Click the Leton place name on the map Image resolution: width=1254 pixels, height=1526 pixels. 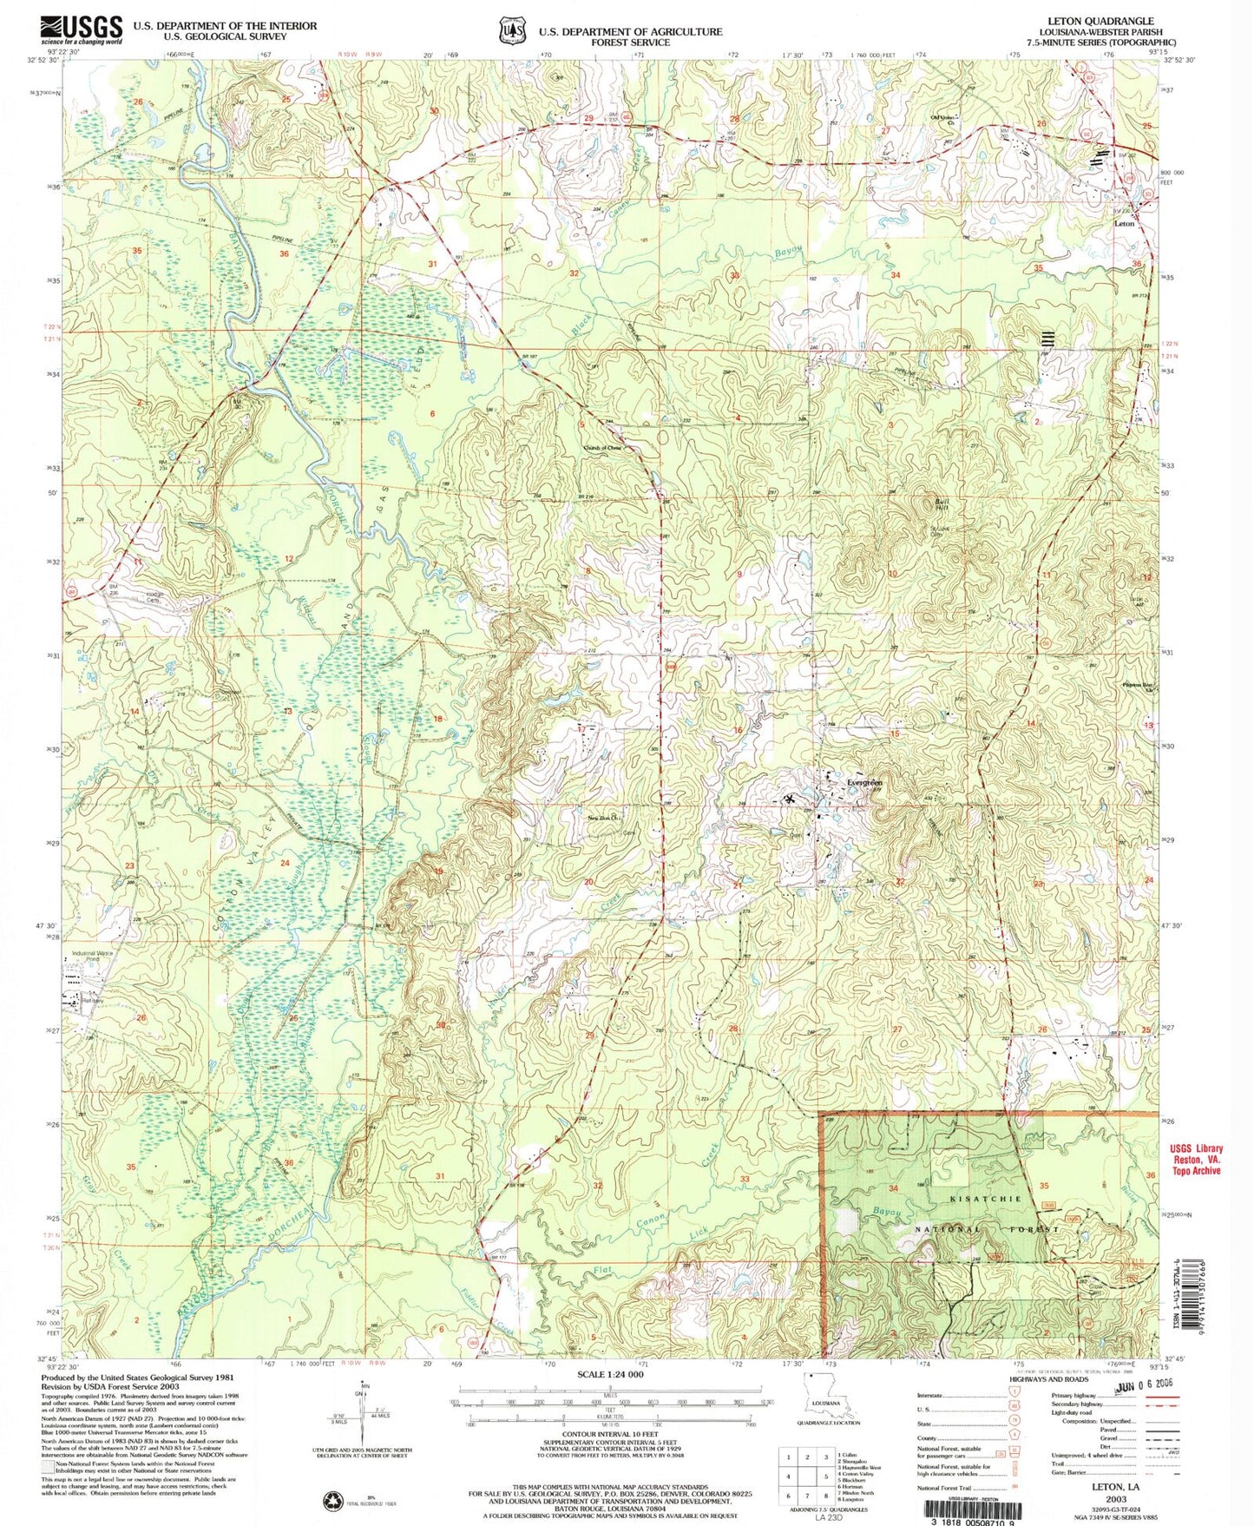pyautogui.click(x=1124, y=223)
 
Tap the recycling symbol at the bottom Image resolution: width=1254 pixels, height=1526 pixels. pyautogui.click(x=332, y=1499)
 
